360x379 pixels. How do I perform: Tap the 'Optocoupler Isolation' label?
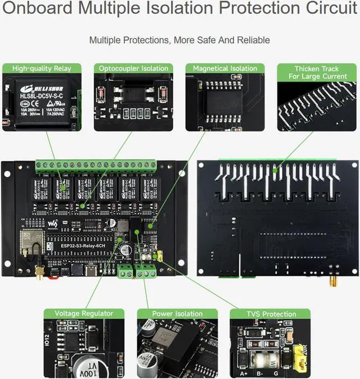(x=134, y=69)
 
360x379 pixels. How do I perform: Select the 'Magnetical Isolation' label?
(x=225, y=69)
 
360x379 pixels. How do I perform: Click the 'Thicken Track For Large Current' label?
(x=317, y=72)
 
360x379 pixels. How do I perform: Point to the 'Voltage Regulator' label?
(x=84, y=314)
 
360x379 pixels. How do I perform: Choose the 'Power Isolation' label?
(x=177, y=314)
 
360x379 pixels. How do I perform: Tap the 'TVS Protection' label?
(x=271, y=314)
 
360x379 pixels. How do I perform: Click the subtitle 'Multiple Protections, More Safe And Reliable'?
(x=179, y=41)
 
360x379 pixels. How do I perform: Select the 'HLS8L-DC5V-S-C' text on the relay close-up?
(x=42, y=95)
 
